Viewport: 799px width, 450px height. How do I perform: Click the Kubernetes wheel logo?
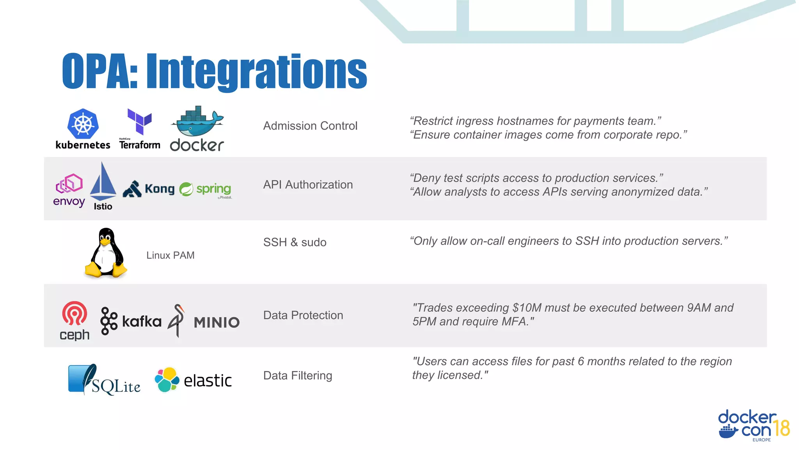pos(83,124)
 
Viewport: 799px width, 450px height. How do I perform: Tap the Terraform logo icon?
pos(139,121)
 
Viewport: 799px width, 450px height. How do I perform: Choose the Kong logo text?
pos(160,189)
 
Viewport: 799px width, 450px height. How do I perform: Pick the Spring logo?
pos(206,189)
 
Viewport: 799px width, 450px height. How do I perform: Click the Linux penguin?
pos(105,253)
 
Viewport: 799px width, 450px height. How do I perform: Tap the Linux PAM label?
pos(170,255)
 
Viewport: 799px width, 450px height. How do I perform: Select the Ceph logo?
pos(75,320)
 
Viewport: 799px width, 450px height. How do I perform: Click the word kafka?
pos(142,321)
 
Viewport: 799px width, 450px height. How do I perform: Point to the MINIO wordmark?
pos(217,323)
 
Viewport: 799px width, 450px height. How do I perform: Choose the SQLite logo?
pos(104,380)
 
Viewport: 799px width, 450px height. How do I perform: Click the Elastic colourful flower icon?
pos(167,379)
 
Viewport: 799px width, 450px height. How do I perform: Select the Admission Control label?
pos(310,126)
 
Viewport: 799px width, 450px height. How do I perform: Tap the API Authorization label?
pos(308,184)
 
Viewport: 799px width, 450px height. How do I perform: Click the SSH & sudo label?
pos(295,242)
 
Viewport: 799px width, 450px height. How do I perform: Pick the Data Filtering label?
pos(298,375)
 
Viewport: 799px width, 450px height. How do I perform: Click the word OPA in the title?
pos(99,71)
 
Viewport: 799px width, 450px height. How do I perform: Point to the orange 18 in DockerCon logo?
pos(781,428)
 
